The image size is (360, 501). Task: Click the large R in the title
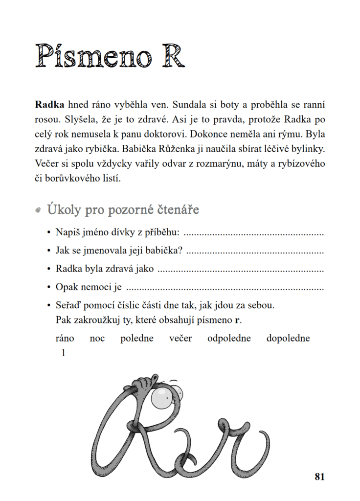pyautogui.click(x=169, y=56)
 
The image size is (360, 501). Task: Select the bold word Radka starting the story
pyautogui.click(x=49, y=105)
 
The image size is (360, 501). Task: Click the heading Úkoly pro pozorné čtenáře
pyautogui.click(x=123, y=210)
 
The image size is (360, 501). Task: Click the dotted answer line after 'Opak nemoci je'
pyautogui.click(x=225, y=288)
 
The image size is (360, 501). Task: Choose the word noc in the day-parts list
pyautogui.click(x=97, y=339)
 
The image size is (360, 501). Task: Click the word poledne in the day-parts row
pyautogui.click(x=137, y=339)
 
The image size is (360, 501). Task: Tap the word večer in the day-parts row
pyautogui.click(x=180, y=339)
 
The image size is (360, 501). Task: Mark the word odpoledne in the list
pyautogui.click(x=229, y=339)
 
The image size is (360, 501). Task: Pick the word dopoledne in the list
pyautogui.click(x=288, y=339)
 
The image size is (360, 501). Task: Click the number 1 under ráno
pyautogui.click(x=63, y=352)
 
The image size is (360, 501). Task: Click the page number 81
pyautogui.click(x=320, y=477)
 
